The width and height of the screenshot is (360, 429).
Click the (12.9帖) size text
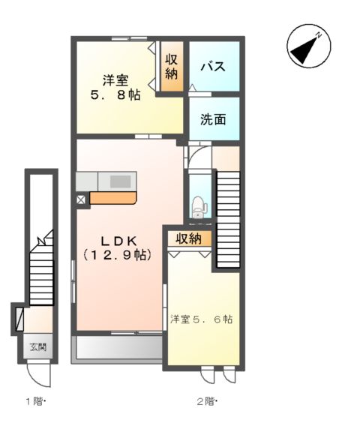pyautogui.click(x=118, y=255)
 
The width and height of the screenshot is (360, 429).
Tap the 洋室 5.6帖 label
pyautogui.click(x=201, y=319)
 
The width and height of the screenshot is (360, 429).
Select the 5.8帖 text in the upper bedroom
pyautogui.click(x=115, y=95)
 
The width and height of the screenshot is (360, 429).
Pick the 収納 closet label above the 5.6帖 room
pyautogui.click(x=189, y=238)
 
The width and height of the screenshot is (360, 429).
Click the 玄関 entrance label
pyautogui.click(x=38, y=347)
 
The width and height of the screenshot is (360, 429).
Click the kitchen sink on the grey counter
pyautogui.click(x=120, y=181)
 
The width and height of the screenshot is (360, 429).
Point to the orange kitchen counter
pyautogui.click(x=112, y=199)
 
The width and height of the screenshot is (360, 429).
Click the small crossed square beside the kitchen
pyautogui.click(x=81, y=199)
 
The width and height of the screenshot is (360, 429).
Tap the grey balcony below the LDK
pyautogui.click(x=118, y=348)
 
